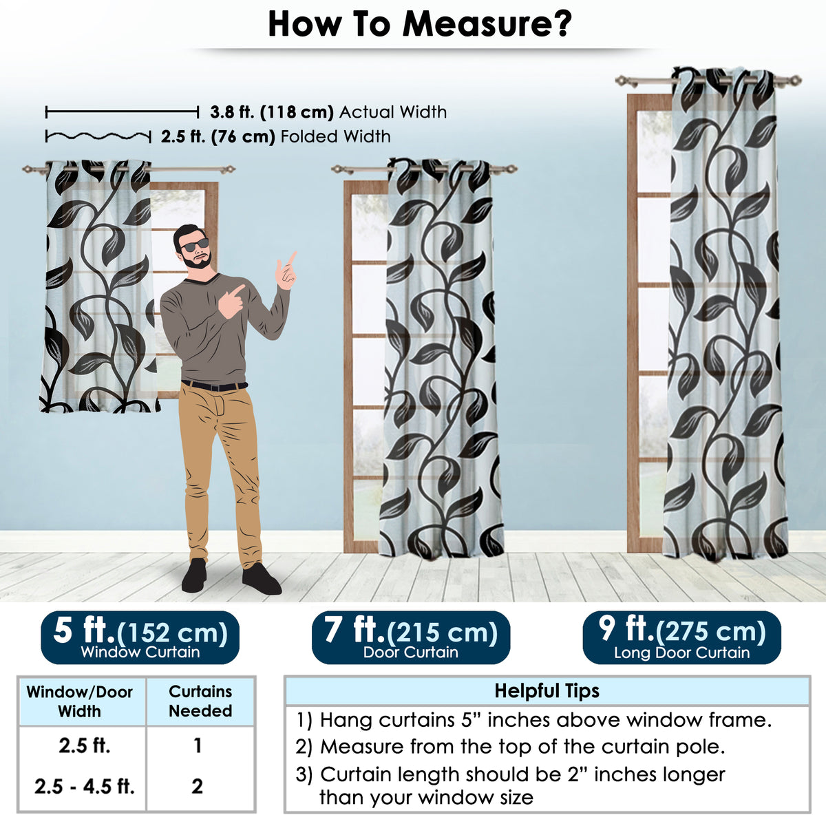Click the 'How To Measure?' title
[420, 24]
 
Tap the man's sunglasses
[195, 245]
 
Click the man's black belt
[215, 385]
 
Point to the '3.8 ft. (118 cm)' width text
[272, 112]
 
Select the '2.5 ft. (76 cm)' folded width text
[218, 137]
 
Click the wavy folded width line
[98, 136]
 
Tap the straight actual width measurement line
[122, 112]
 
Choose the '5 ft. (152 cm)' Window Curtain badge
[140, 637]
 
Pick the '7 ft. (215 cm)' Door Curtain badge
[411, 637]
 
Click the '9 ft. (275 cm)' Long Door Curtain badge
[681, 637]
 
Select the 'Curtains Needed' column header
[200, 701]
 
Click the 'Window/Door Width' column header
[80, 701]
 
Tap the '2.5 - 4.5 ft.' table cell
[85, 786]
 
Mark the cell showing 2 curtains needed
[197, 786]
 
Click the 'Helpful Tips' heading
[547, 691]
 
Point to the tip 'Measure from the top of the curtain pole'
[510, 747]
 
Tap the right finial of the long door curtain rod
[796, 80]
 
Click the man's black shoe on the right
[262, 579]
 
